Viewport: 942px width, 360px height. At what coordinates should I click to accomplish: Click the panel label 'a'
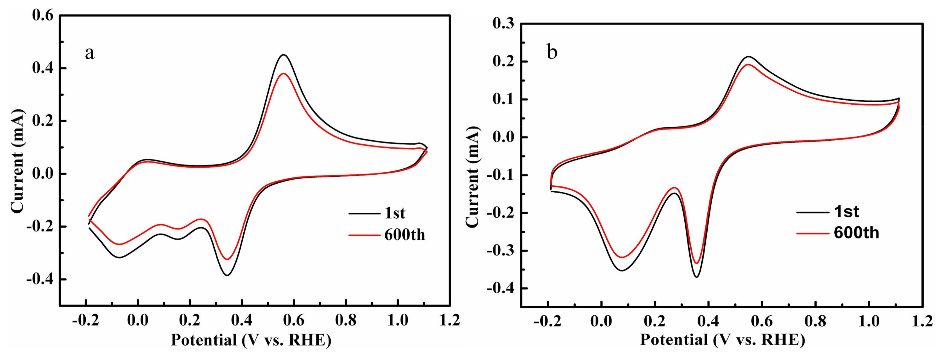click(x=90, y=53)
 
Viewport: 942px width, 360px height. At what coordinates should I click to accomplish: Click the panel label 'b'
click(x=552, y=52)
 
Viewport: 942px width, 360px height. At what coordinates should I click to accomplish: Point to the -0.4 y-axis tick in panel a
click(x=40, y=279)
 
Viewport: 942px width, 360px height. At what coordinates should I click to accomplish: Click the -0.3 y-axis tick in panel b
click(x=500, y=251)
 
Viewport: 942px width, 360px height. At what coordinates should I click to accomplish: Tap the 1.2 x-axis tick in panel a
click(x=449, y=321)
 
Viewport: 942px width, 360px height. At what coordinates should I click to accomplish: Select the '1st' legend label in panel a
click(x=395, y=213)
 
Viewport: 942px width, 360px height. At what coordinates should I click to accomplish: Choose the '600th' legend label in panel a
click(x=405, y=235)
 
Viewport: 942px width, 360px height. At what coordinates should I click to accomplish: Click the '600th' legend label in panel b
click(x=857, y=232)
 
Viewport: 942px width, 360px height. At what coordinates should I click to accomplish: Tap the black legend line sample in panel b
click(x=812, y=212)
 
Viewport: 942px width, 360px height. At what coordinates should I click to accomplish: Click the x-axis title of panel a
click(x=251, y=340)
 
